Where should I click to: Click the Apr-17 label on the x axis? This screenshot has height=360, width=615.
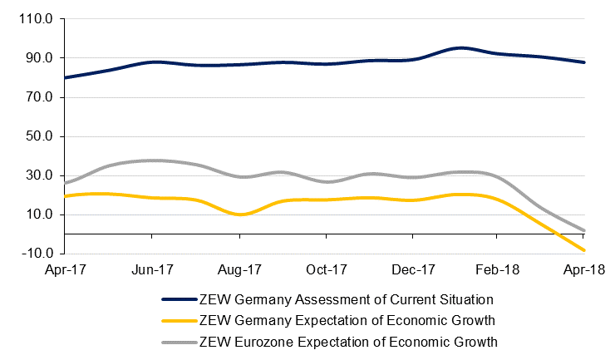65,270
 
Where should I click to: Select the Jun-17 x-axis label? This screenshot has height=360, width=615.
152,270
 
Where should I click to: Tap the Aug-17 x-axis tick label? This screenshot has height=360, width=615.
239,270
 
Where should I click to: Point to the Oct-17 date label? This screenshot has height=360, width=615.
326,270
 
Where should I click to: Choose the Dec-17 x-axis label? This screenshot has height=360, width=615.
413,270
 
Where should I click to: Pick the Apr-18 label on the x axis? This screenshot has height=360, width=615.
585,270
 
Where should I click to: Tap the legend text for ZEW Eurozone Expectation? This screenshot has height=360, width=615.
348,341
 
